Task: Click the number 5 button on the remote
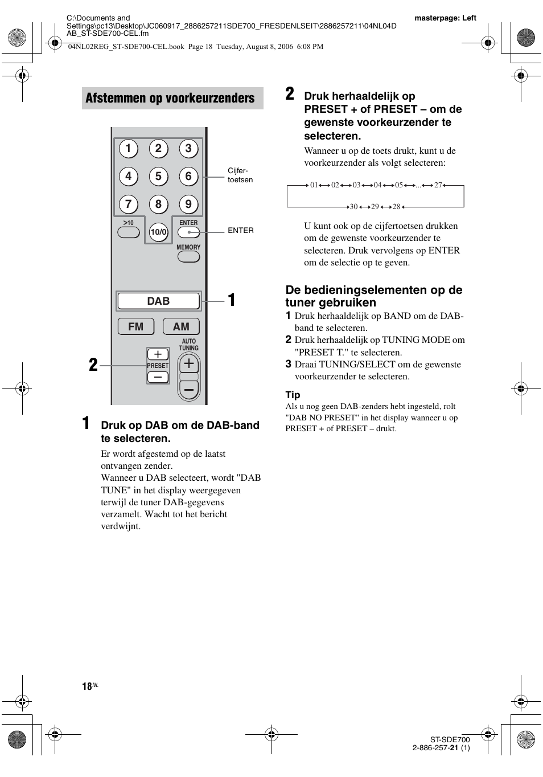click(x=158, y=177)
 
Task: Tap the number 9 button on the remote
click(x=188, y=204)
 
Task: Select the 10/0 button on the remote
click(x=159, y=232)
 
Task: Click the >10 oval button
click(x=129, y=232)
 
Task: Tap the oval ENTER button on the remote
click(x=188, y=232)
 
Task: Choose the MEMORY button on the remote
click(x=188, y=256)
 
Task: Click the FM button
click(x=136, y=326)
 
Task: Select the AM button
click(x=181, y=326)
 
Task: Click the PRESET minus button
click(x=158, y=377)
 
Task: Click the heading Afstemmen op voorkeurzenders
click(x=170, y=98)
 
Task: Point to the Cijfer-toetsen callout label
click(x=240, y=175)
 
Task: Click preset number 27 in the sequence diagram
click(x=438, y=185)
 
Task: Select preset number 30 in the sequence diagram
click(x=353, y=207)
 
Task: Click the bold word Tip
click(x=293, y=395)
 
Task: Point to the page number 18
click(x=87, y=686)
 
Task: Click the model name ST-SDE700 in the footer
click(x=450, y=739)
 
